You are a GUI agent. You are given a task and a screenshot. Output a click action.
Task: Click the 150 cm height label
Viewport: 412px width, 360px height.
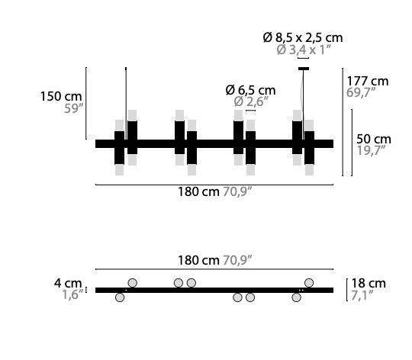point(61,96)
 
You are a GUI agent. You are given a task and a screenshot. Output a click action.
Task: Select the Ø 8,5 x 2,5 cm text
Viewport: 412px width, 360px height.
point(303,37)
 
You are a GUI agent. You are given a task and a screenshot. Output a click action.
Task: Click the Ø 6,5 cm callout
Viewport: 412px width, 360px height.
point(251,88)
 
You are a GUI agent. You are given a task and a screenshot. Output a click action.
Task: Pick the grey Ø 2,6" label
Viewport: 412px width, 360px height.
point(251,101)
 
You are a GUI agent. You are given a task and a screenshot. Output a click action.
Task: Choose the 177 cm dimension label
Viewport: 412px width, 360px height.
point(368,80)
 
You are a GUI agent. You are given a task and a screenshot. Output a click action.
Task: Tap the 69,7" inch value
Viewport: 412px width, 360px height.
point(365,93)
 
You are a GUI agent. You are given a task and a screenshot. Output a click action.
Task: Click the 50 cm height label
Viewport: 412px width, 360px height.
point(374,139)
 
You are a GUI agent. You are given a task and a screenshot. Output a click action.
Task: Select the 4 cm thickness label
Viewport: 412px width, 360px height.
point(68,283)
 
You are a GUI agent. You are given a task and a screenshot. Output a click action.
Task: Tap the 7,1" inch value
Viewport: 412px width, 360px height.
point(365,295)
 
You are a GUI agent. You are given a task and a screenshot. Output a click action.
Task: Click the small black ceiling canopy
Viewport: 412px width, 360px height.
point(304,69)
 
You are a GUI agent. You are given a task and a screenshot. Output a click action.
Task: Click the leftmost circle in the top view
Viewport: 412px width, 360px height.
point(119,297)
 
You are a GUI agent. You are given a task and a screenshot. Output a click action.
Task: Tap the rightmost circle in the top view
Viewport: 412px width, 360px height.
point(309,283)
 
